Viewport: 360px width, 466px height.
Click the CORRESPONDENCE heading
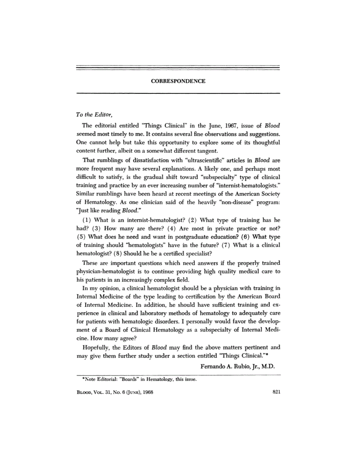pyautogui.click(x=178, y=81)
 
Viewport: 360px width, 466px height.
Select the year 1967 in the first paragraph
pyautogui.click(x=224, y=126)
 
